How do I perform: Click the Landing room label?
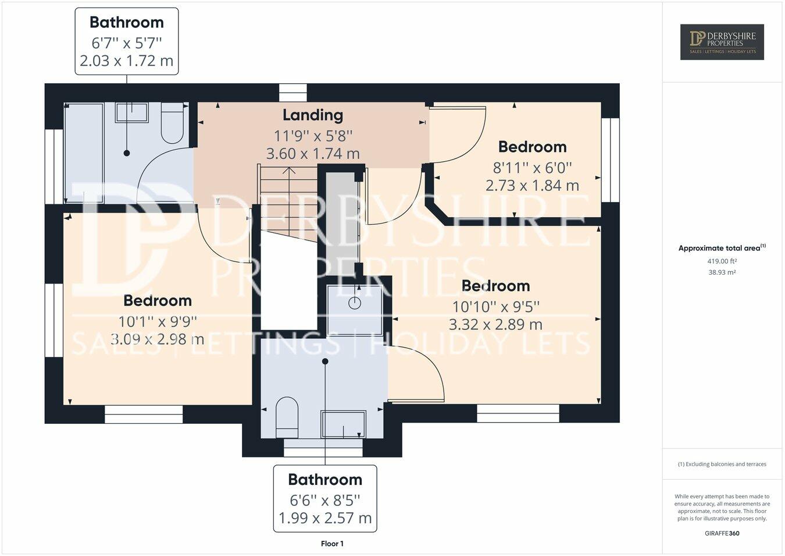pyautogui.click(x=313, y=115)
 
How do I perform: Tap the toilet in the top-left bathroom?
pyautogui.click(x=172, y=123)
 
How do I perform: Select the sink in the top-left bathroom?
pyautogui.click(x=131, y=112)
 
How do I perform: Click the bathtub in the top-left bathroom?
pyautogui.click(x=83, y=153)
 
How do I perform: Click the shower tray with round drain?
pyautogui.click(x=354, y=310)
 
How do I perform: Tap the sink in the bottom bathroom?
pyautogui.click(x=344, y=424)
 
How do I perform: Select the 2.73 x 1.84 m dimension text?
pyautogui.click(x=532, y=186)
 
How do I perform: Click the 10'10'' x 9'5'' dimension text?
pyautogui.click(x=496, y=306)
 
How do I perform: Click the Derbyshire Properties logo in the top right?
pyautogui.click(x=722, y=42)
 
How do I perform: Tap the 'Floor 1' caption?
pyautogui.click(x=332, y=544)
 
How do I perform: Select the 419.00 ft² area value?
pyautogui.click(x=722, y=261)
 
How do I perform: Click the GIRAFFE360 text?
pyautogui.click(x=722, y=533)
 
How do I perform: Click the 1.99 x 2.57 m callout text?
pyautogui.click(x=325, y=518)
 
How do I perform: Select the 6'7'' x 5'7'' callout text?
pyautogui.click(x=126, y=43)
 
